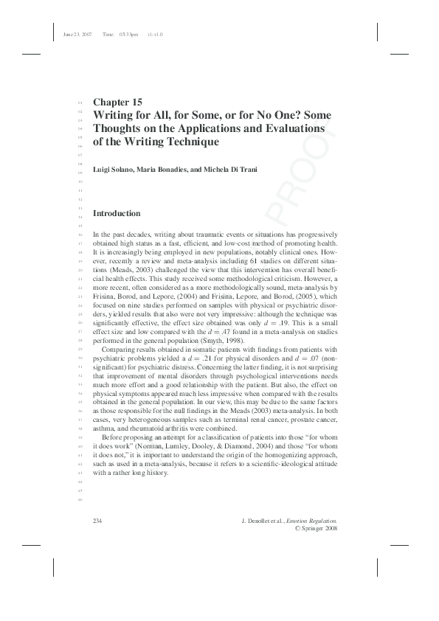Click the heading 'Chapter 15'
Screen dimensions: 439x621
coord(117,102)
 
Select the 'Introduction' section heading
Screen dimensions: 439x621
coord(116,213)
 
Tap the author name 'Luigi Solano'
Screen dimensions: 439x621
coord(114,170)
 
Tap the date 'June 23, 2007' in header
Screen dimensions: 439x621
coord(77,34)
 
